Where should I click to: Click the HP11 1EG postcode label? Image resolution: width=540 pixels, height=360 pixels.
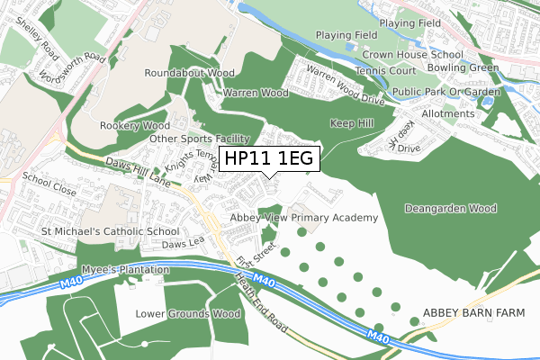pos(269,158)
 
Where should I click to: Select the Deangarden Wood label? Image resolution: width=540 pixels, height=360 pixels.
pos(451,208)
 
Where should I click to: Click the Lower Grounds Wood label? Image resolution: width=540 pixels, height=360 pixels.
pos(188,314)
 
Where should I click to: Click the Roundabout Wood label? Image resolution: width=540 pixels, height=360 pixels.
pos(190,73)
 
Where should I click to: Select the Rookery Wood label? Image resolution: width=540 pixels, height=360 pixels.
pos(135,126)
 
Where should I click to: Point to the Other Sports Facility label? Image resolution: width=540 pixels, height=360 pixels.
pos(199,139)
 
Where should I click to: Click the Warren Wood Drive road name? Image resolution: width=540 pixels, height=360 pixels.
pos(346,82)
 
